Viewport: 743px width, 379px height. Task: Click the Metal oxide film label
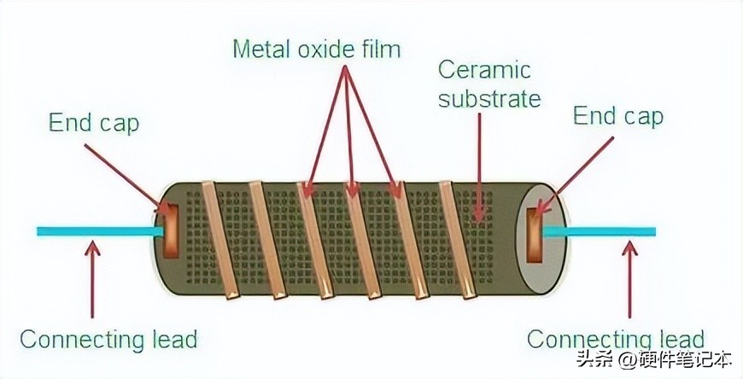tap(316, 49)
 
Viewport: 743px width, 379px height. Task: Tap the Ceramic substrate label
tap(489, 84)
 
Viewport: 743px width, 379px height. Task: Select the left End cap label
tap(93, 123)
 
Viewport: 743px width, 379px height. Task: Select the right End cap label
tap(617, 116)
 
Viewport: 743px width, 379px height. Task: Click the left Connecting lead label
tap(108, 339)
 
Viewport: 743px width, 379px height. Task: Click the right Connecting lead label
tap(615, 339)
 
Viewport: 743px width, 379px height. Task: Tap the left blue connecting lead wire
tap(94, 230)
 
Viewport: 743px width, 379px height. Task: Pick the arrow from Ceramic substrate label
tap(479, 162)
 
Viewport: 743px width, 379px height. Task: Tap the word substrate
tap(489, 98)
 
